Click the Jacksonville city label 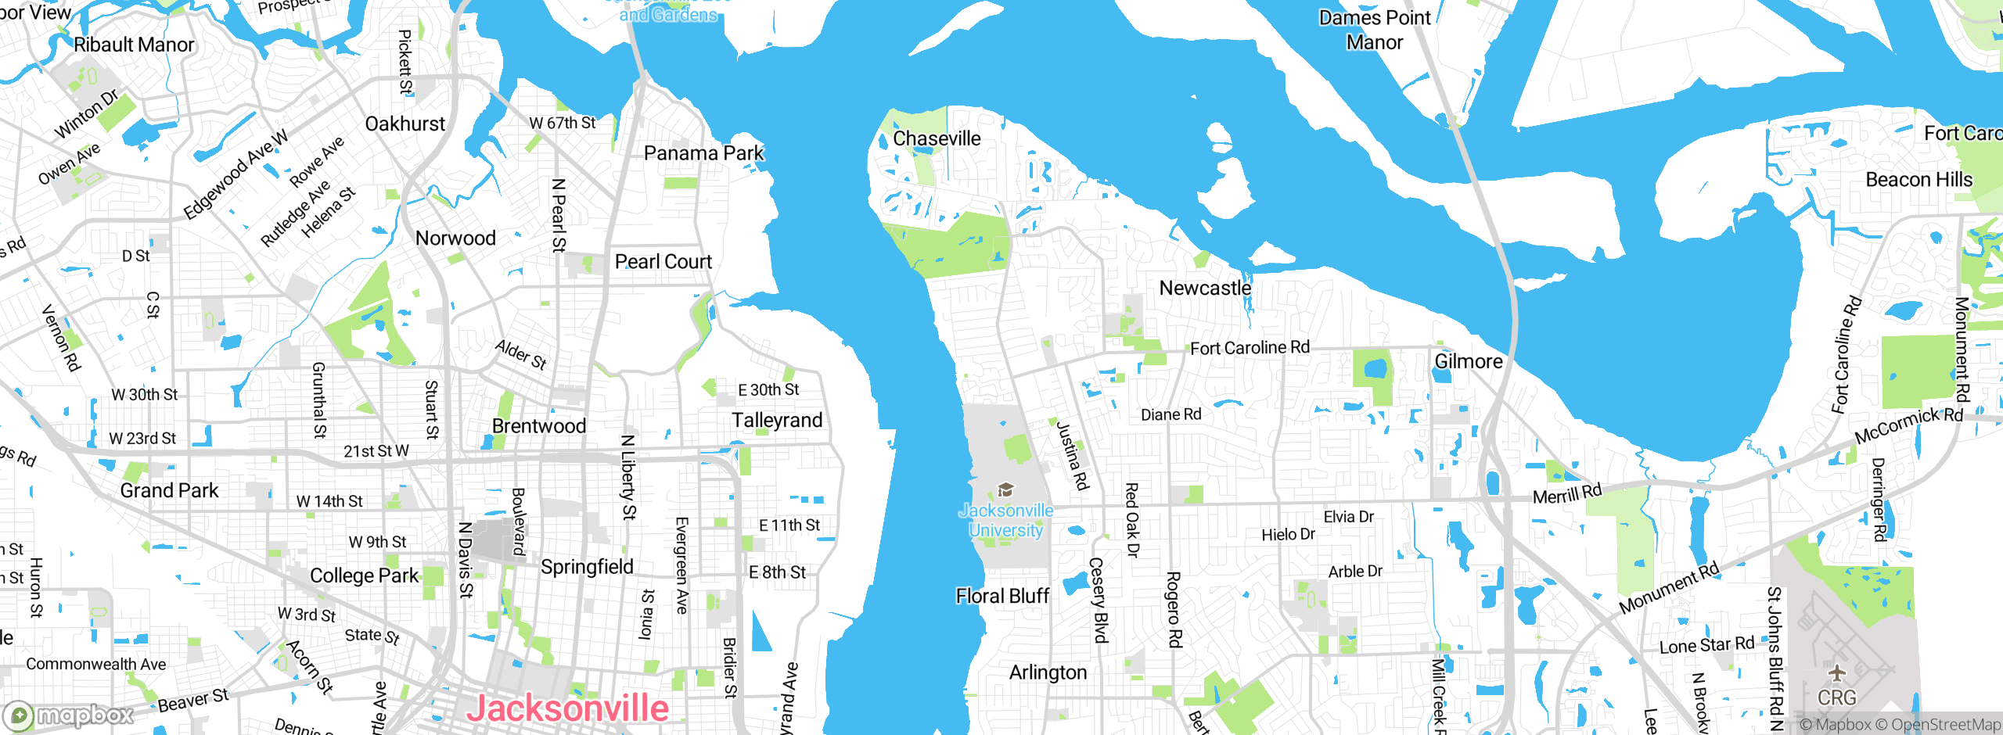point(567,708)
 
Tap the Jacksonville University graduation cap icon point(1006,490)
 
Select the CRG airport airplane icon point(1836,673)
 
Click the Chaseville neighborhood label point(937,138)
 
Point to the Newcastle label point(1205,288)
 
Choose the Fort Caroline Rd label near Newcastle point(1250,347)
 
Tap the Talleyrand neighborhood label point(777,421)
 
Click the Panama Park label point(703,153)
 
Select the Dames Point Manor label point(1375,30)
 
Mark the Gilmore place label point(1469,361)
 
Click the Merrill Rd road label point(1567,494)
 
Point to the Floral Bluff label point(1002,596)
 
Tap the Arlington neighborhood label point(1048,672)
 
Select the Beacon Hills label point(1918,180)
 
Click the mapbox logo point(69,715)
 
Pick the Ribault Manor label point(134,45)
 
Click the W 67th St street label point(562,123)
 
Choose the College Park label point(365,575)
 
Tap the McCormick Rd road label point(1908,425)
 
